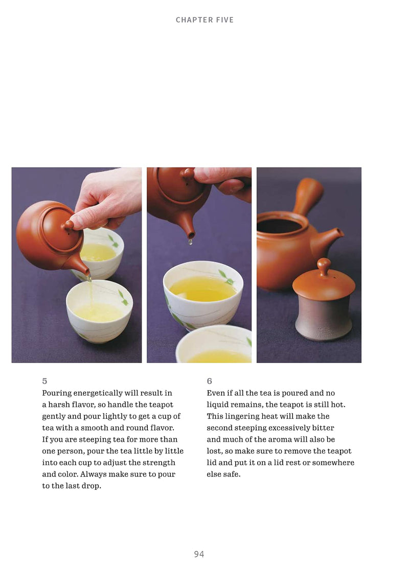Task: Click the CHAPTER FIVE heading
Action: pos(204,20)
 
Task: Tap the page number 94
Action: pos(199,554)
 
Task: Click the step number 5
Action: pos(44,381)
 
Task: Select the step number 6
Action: pos(209,381)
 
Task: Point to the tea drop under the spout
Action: pos(190,242)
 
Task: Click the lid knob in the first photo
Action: pos(69,225)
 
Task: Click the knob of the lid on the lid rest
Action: pos(324,266)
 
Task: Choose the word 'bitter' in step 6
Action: pos(323,428)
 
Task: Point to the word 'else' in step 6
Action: pos(213,474)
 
